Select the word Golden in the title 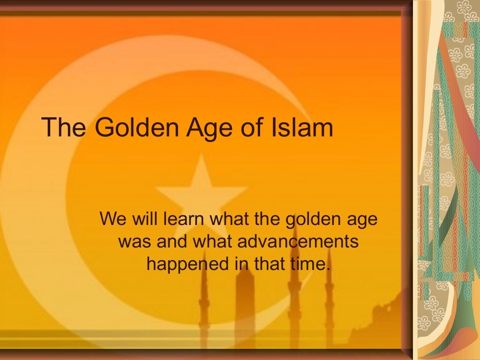pyautogui.click(x=124, y=127)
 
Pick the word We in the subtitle pyautogui.click(x=112, y=219)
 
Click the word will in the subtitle pyautogui.click(x=143, y=219)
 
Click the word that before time pyautogui.click(x=270, y=264)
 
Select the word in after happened pyautogui.click(x=239, y=264)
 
